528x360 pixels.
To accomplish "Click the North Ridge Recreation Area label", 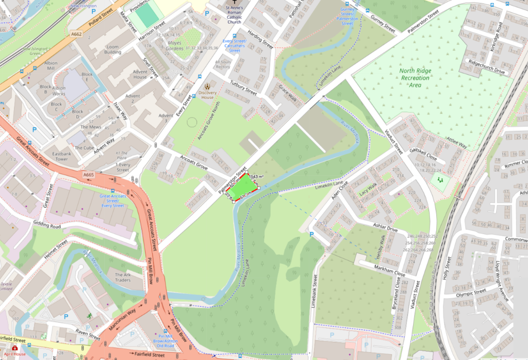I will [x=415, y=78].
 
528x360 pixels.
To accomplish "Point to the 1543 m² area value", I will [x=256, y=176].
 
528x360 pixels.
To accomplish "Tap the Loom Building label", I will [x=113, y=50].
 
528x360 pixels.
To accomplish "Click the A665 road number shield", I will [x=89, y=175].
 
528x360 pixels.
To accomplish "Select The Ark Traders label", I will [x=123, y=277].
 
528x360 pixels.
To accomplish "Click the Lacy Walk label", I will [x=368, y=189].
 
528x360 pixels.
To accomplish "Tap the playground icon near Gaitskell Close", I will [x=440, y=180].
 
